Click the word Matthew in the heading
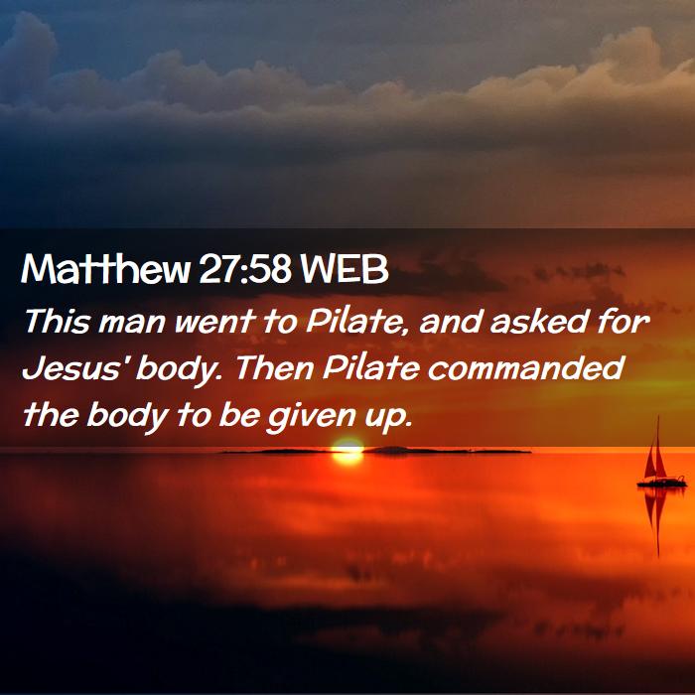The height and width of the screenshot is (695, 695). [x=105, y=269]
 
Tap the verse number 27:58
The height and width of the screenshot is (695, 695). [x=245, y=269]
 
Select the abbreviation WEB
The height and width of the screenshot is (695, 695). [x=345, y=269]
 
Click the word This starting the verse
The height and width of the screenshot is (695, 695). [x=57, y=321]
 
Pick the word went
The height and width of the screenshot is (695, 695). [x=215, y=322]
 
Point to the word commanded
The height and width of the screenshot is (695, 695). [x=525, y=368]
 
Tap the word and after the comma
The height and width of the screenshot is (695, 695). [x=450, y=321]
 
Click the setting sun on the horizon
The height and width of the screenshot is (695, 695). [x=347, y=452]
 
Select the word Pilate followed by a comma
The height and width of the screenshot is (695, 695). [x=356, y=321]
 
